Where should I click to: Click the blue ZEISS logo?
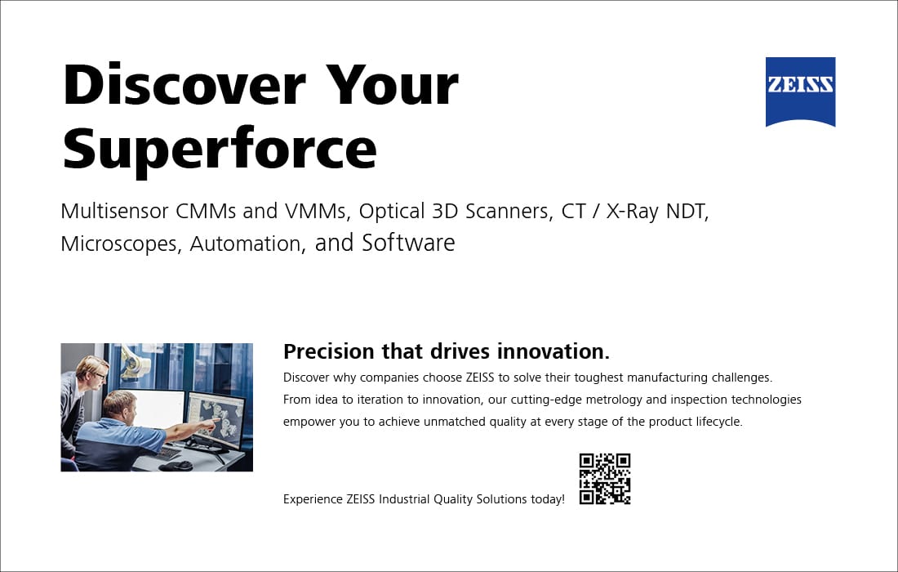pyautogui.click(x=800, y=92)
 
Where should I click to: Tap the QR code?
pyautogui.click(x=605, y=479)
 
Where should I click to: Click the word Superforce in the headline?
pyautogui.click(x=220, y=149)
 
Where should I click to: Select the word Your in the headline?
pyautogui.click(x=393, y=86)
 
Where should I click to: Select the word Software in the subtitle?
pyautogui.click(x=408, y=243)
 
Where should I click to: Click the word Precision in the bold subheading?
pyautogui.click(x=329, y=351)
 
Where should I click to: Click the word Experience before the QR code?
pyautogui.click(x=313, y=499)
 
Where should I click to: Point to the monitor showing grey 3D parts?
pyautogui.click(x=216, y=419)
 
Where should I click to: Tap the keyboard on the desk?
pyautogui.click(x=168, y=453)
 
